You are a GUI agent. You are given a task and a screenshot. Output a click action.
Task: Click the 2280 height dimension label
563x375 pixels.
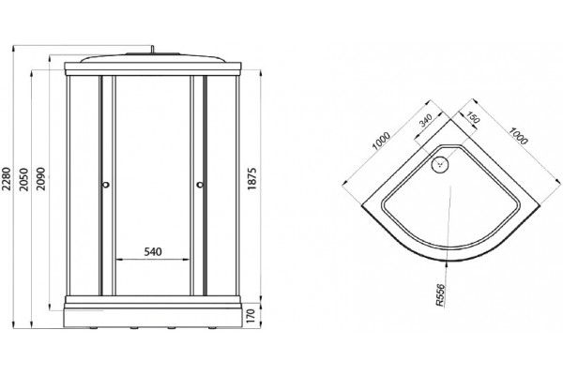(7, 178)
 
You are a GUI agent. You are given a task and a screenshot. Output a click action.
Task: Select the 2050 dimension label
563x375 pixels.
(23, 179)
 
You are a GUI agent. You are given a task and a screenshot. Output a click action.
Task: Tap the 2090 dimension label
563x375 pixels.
(41, 179)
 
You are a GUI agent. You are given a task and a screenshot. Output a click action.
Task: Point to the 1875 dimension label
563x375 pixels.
(252, 178)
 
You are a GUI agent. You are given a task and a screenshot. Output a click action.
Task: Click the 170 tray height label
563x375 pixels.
(251, 316)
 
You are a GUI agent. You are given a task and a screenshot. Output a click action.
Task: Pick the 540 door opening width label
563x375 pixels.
(153, 251)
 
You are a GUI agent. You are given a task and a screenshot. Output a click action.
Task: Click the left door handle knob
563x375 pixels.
(105, 185)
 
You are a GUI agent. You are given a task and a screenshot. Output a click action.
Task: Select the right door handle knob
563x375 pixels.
(200, 185)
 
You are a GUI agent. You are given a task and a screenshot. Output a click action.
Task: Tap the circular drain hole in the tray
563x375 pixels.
(440, 164)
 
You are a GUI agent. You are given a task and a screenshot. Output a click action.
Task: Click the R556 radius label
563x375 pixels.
(441, 295)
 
